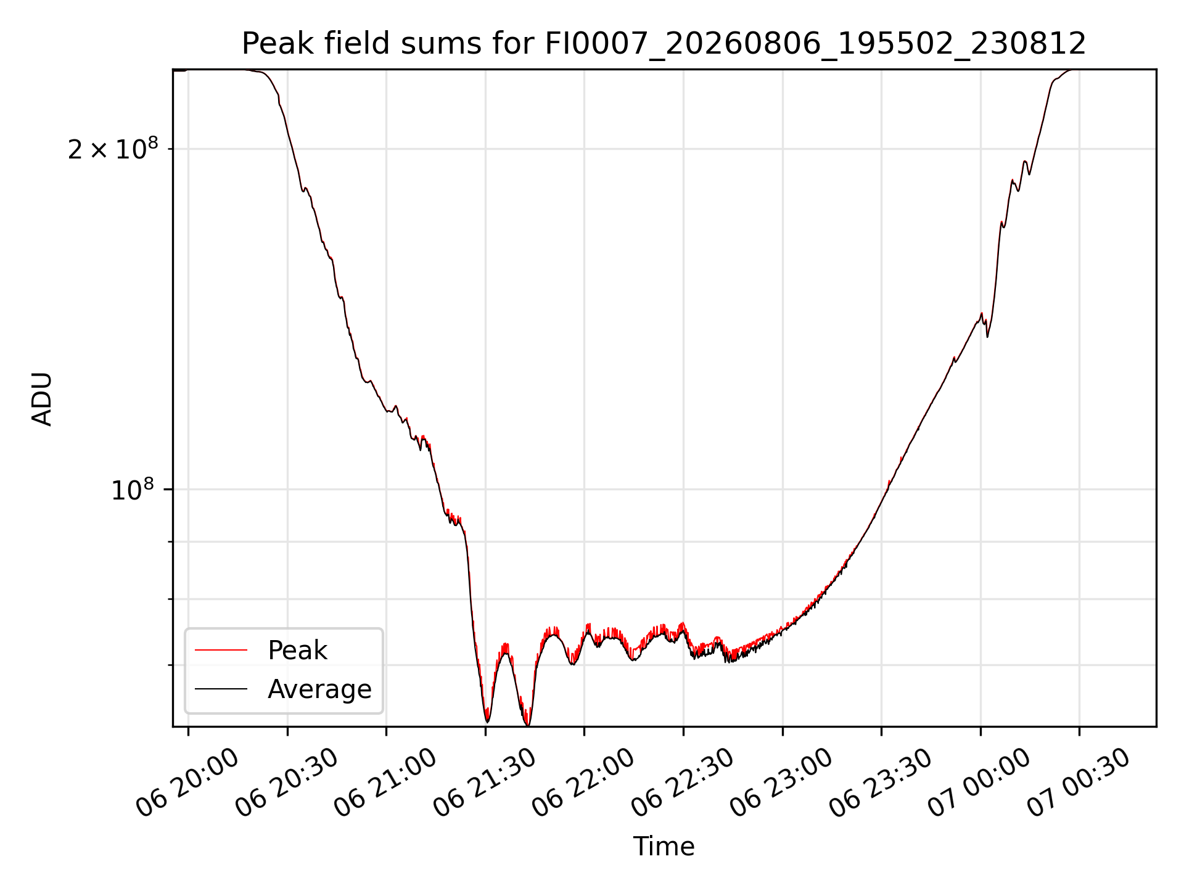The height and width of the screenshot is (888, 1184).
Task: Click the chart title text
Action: click(x=664, y=44)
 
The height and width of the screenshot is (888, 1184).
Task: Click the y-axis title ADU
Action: click(x=42, y=398)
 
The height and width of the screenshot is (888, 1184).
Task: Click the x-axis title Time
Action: click(x=664, y=847)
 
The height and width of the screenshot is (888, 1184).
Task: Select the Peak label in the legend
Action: click(x=297, y=651)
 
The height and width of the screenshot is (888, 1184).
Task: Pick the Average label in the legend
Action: click(x=319, y=689)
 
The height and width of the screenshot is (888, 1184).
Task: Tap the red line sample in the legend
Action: click(x=221, y=650)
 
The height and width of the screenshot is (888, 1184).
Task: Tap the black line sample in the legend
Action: click(x=221, y=688)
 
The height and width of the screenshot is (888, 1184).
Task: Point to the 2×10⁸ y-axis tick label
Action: click(x=113, y=149)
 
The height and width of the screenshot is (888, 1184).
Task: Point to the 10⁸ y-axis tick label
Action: click(x=133, y=490)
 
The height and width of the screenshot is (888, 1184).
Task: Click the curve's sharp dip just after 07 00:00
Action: click(x=987, y=336)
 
